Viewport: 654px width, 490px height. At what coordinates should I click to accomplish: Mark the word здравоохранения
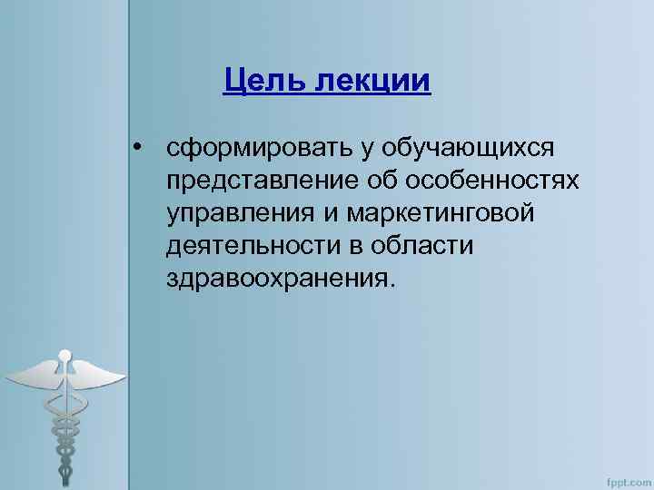tap(282, 279)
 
